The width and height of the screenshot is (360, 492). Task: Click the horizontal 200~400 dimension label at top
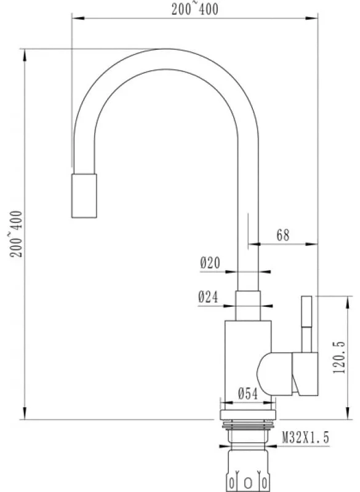coord(194,8)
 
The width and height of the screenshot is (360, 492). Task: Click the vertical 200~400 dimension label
coord(17,234)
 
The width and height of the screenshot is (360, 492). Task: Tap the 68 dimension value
coord(283,235)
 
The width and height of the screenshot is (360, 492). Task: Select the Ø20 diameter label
coord(210,263)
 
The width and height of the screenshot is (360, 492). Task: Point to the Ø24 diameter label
coord(208,296)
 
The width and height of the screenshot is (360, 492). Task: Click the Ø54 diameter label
coord(247,394)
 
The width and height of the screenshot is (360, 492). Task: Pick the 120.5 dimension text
coord(339,358)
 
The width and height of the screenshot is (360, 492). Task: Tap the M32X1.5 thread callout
coord(306,437)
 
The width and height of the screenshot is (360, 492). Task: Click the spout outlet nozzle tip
coord(84,196)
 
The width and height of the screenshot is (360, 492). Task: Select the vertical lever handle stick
coord(306,324)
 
